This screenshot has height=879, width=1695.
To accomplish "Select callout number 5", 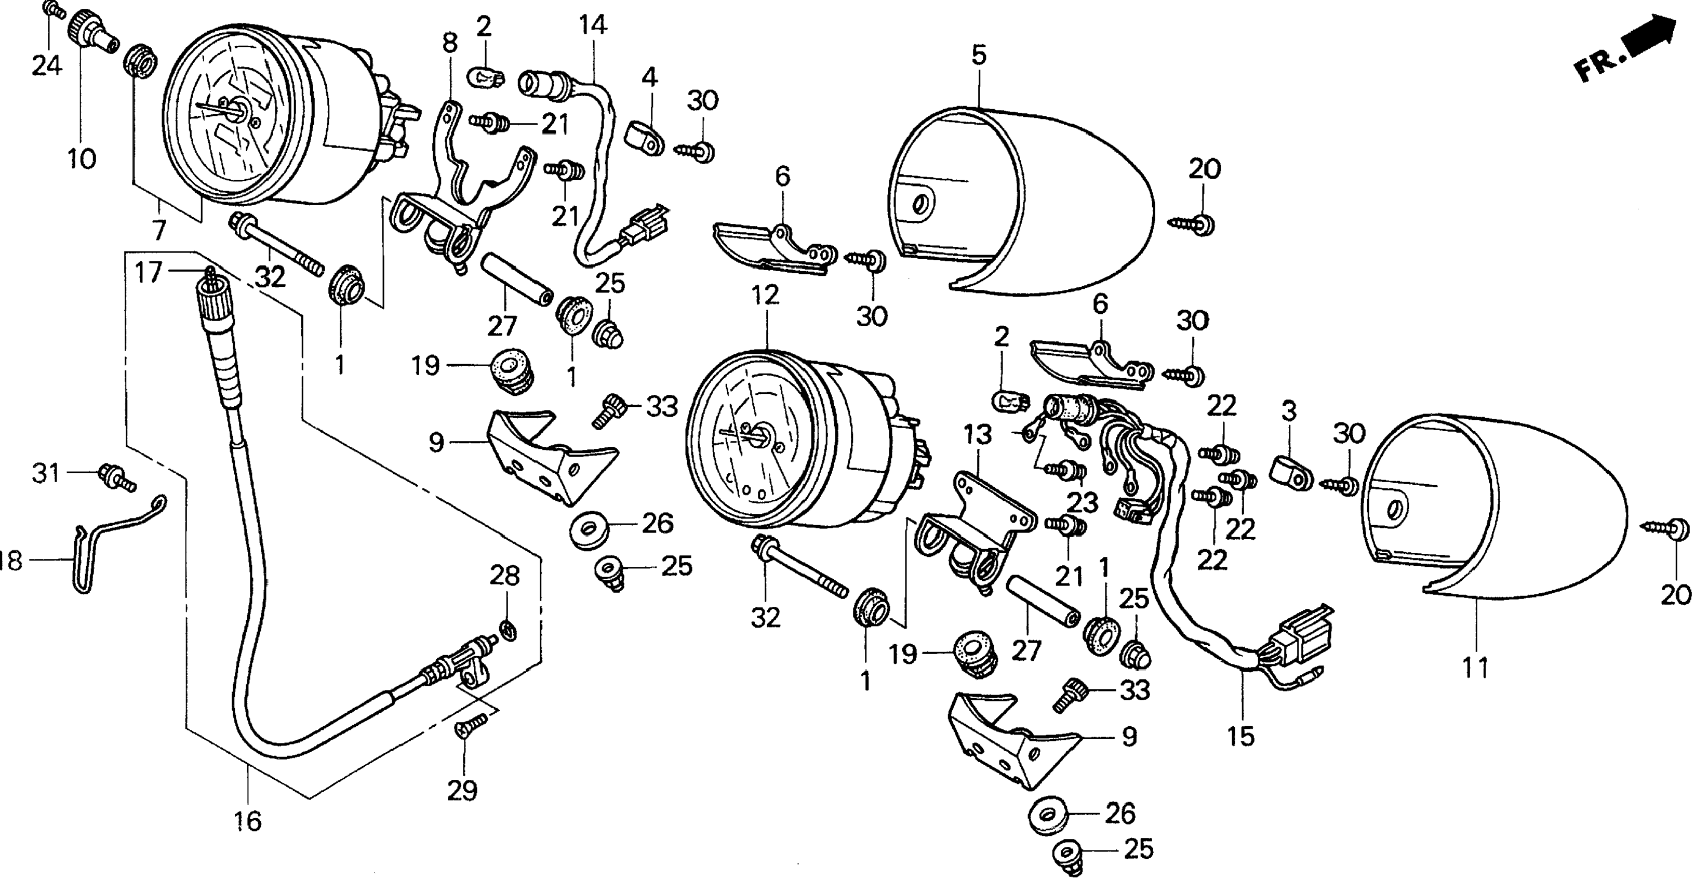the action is [x=979, y=55].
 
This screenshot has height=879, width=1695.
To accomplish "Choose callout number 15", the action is [x=1241, y=736].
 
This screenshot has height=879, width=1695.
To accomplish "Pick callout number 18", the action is [x=9, y=561].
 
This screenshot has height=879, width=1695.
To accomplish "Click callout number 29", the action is [x=462, y=790].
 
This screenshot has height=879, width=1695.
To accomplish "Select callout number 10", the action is [x=81, y=158].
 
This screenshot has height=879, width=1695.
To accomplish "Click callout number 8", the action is [x=450, y=44].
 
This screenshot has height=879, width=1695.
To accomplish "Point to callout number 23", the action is [x=1083, y=503].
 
